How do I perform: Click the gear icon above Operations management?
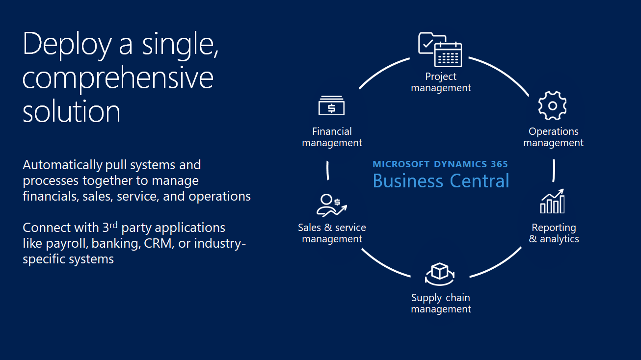tap(552, 105)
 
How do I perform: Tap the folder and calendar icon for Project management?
tap(440, 50)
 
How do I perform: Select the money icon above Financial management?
tap(331, 105)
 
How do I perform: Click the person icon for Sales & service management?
tap(332, 205)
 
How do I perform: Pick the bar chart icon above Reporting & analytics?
tap(552, 201)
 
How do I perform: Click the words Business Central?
tap(441, 180)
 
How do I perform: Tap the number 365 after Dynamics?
tap(499, 164)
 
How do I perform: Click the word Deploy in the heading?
tap(67, 45)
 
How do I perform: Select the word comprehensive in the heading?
tap(118, 78)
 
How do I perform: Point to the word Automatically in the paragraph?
tap(62, 165)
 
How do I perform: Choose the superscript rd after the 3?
tap(113, 225)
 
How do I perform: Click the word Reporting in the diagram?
tap(554, 228)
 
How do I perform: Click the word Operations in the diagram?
tap(554, 131)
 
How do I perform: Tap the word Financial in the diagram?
tap(332, 131)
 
